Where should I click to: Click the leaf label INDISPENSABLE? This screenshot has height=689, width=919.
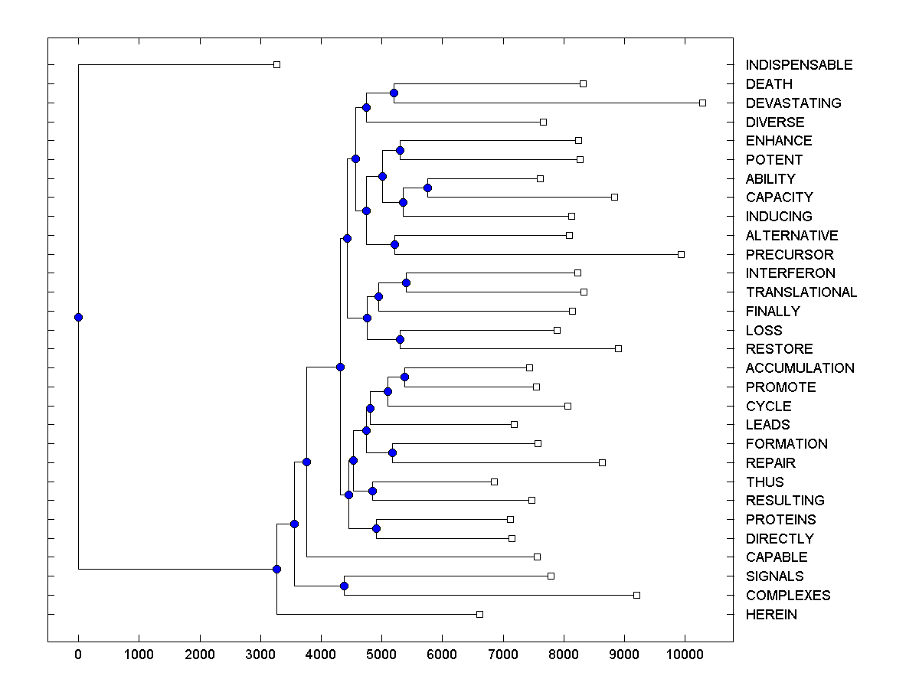click(799, 65)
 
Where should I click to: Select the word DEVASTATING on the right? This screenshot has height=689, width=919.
click(793, 103)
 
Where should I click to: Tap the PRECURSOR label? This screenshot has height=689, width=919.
click(790, 254)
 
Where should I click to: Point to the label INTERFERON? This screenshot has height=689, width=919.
click(790, 273)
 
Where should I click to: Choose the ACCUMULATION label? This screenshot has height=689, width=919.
click(800, 368)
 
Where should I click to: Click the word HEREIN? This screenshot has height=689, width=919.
click(771, 615)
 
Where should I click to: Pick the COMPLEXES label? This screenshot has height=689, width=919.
click(788, 596)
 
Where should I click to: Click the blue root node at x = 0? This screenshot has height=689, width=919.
click(78, 318)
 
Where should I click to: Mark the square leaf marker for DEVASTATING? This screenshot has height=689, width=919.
click(702, 103)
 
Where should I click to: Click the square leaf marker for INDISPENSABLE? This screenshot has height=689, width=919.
click(277, 65)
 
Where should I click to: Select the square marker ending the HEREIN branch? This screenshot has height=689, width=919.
click(479, 614)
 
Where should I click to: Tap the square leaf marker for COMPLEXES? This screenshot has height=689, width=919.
click(636, 595)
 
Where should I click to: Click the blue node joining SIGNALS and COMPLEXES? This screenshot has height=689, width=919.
click(344, 586)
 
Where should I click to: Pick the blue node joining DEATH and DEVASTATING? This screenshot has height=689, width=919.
click(394, 93)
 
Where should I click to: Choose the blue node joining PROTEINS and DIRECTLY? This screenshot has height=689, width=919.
click(376, 529)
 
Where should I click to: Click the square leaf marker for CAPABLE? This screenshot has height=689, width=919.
click(537, 557)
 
